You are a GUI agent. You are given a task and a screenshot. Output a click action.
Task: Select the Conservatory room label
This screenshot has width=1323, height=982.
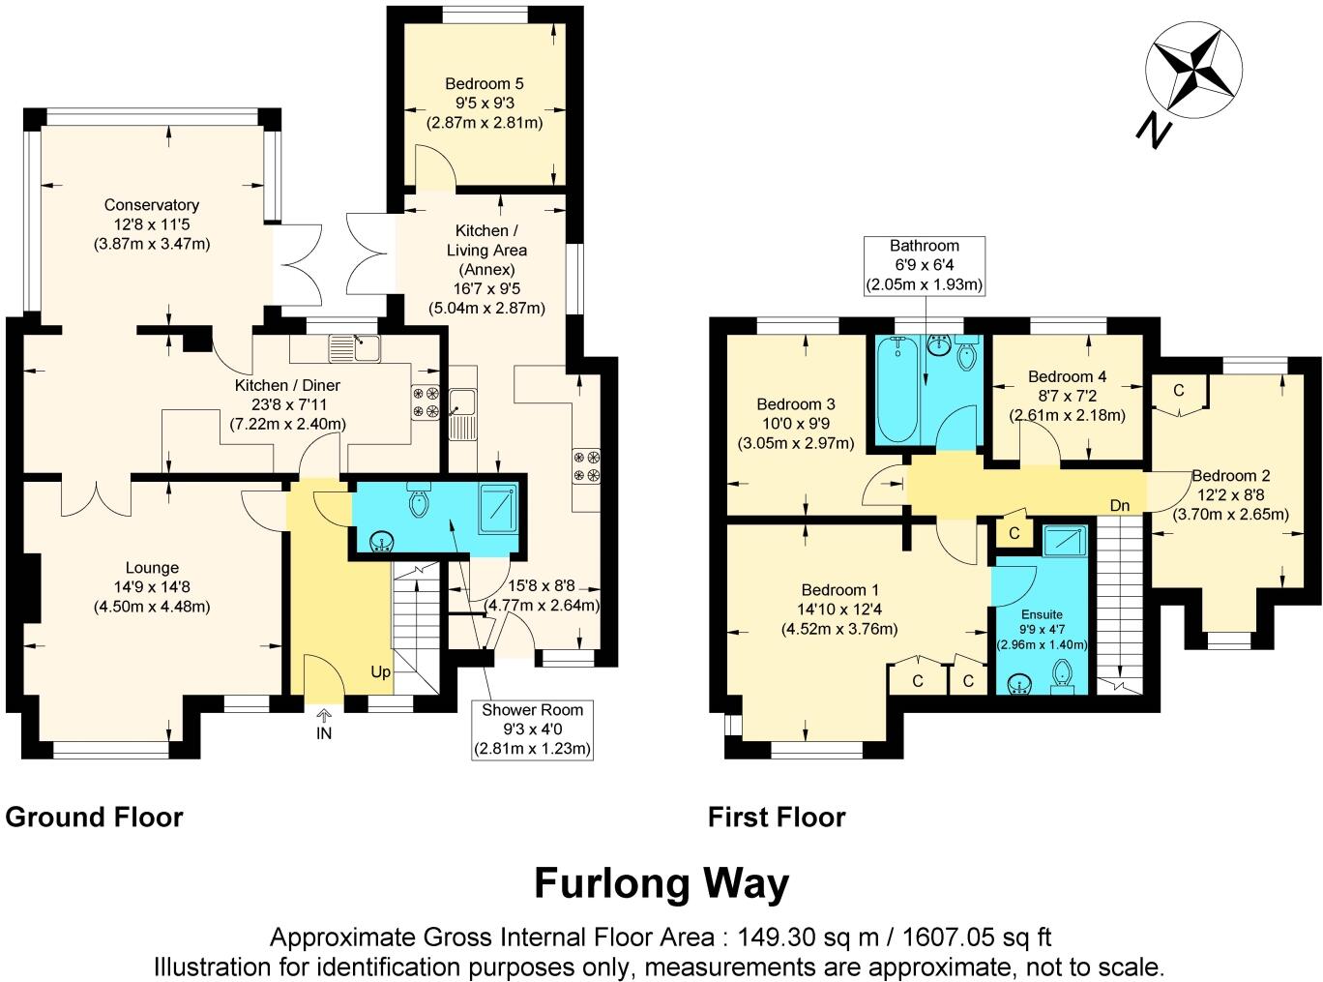tap(152, 205)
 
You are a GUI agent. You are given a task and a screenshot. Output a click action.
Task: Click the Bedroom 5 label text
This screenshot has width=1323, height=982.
tap(485, 84)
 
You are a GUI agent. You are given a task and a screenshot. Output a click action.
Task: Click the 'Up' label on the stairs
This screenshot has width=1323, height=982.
tap(381, 671)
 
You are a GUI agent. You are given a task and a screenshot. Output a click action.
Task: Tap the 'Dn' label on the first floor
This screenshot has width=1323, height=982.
tap(1120, 505)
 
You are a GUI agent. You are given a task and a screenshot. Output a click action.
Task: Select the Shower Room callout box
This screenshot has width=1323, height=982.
tap(532, 729)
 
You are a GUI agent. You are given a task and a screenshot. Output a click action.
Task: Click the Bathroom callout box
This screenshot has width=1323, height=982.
tap(925, 264)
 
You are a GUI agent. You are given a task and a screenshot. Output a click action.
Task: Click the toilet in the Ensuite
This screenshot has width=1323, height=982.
tap(1061, 674)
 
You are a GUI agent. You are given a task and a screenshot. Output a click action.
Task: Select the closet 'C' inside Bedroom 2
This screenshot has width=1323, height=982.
tap(1178, 392)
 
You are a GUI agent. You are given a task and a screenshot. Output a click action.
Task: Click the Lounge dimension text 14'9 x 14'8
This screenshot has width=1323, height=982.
tap(152, 587)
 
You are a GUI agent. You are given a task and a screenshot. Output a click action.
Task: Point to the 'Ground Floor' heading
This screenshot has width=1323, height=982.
tap(94, 818)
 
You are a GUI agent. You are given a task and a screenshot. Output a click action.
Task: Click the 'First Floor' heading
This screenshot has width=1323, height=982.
tap(777, 818)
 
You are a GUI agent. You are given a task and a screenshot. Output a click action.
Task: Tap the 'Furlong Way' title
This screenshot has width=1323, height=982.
tap(661, 883)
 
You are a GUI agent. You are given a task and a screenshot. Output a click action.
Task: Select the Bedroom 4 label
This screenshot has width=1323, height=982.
tap(1067, 376)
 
